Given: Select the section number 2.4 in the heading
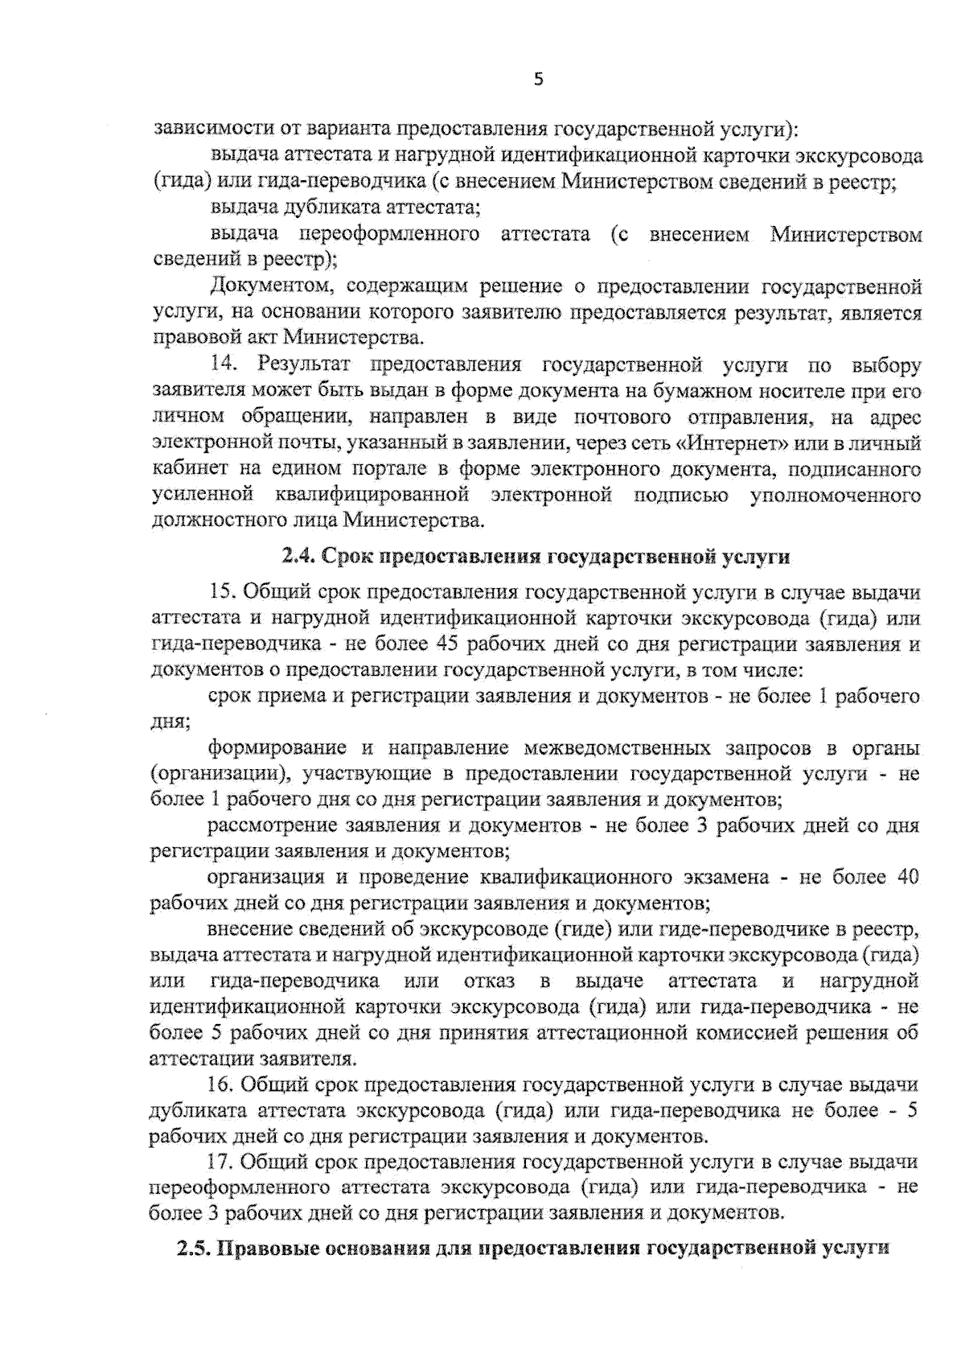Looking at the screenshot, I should [300, 557].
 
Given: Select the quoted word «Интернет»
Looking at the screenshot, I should [737, 442].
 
